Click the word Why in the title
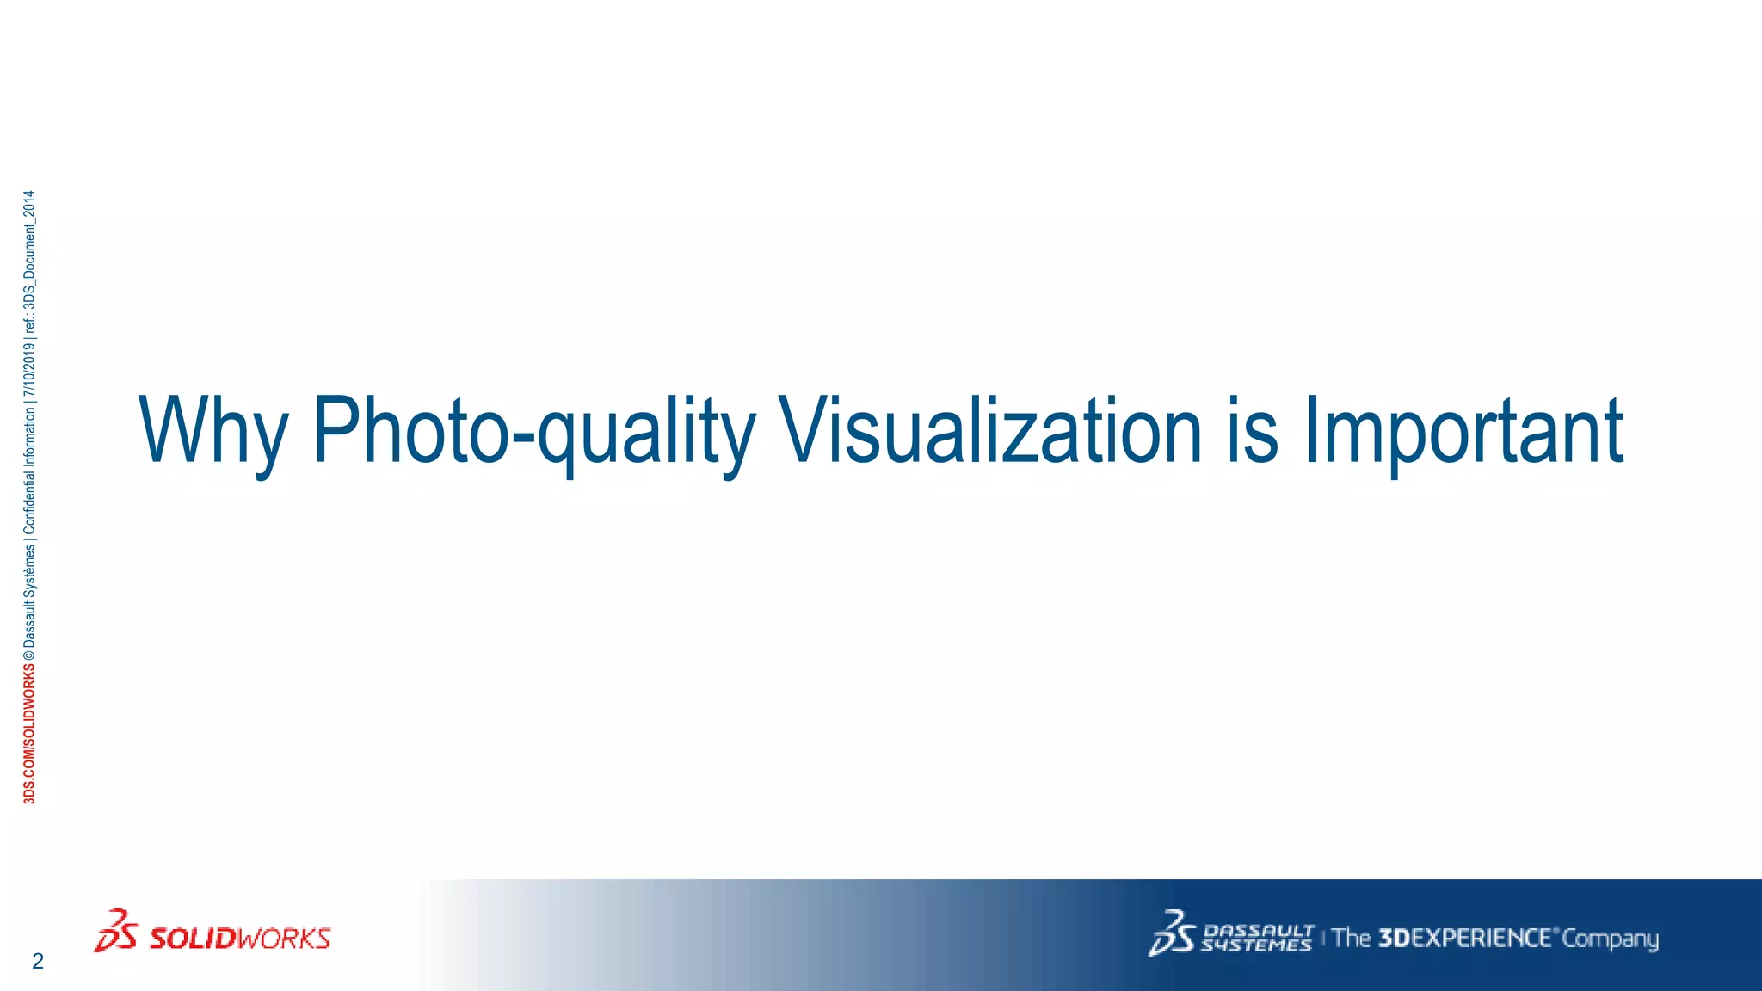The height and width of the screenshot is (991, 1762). [x=213, y=430]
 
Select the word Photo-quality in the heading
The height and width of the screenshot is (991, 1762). [x=533, y=430]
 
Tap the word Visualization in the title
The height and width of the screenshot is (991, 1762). [x=989, y=430]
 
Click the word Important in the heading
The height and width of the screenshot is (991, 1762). [x=1463, y=430]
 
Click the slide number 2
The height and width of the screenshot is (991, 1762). [x=37, y=962]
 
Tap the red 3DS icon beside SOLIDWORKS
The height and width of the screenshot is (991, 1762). [x=115, y=932]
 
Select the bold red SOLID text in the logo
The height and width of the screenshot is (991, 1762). [x=192, y=938]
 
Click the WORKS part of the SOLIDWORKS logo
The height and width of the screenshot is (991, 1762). [x=283, y=938]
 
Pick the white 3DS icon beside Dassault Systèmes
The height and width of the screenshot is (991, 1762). [x=1172, y=933]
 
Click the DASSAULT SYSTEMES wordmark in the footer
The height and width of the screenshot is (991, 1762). [x=1257, y=938]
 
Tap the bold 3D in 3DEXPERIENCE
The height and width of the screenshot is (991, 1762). [x=1394, y=938]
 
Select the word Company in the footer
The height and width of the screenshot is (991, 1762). [x=1610, y=939]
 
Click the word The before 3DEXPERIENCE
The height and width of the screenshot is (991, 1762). [x=1352, y=938]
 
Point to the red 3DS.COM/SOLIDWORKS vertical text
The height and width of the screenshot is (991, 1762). [x=30, y=734]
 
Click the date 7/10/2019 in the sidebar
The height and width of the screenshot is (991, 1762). [x=30, y=372]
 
